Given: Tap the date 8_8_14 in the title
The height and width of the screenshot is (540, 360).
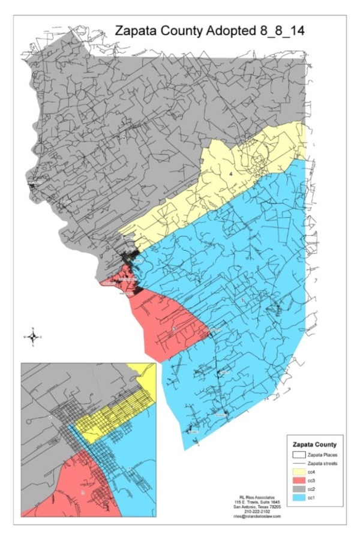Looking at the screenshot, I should [x=281, y=31].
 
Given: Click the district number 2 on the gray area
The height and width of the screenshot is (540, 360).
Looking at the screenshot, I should [x=124, y=137].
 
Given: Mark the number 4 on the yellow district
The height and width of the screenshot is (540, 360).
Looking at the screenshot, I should [x=231, y=173].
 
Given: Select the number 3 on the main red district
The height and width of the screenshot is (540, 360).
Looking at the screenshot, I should [x=174, y=329].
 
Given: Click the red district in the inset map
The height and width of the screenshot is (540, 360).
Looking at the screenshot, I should [x=66, y=486].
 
